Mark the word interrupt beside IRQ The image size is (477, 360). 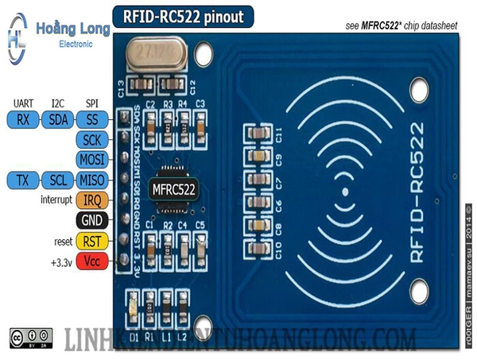pyautogui.click(x=56, y=199)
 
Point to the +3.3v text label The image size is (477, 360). pyautogui.click(x=59, y=260)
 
